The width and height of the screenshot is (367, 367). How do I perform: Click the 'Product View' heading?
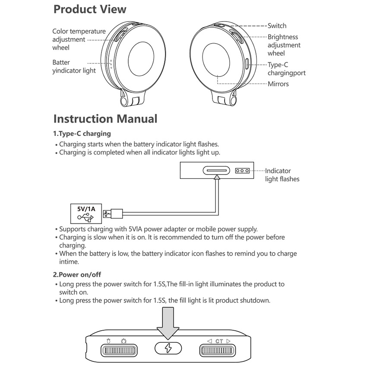point(90,9)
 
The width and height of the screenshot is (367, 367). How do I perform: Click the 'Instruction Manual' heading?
point(105,119)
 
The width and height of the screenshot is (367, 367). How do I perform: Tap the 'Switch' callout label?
point(277,26)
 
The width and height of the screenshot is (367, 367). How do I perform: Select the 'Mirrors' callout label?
point(278,84)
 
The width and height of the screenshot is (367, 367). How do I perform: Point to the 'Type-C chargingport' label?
point(286,69)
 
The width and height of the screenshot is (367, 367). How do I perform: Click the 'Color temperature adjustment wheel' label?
point(79,39)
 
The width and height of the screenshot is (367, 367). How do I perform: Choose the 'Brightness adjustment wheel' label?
point(284,45)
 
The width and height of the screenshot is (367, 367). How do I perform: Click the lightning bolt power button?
point(168,348)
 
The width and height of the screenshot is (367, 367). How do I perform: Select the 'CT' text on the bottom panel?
point(219,341)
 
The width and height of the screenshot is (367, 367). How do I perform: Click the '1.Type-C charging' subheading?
point(82,133)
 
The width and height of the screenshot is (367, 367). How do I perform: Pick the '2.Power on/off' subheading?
point(77,274)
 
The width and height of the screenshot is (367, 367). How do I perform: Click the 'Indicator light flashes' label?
point(282,175)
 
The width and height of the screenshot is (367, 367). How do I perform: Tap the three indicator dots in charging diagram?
point(242,171)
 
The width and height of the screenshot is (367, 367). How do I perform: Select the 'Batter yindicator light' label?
point(74,66)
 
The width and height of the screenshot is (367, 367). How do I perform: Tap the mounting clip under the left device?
point(130,101)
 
